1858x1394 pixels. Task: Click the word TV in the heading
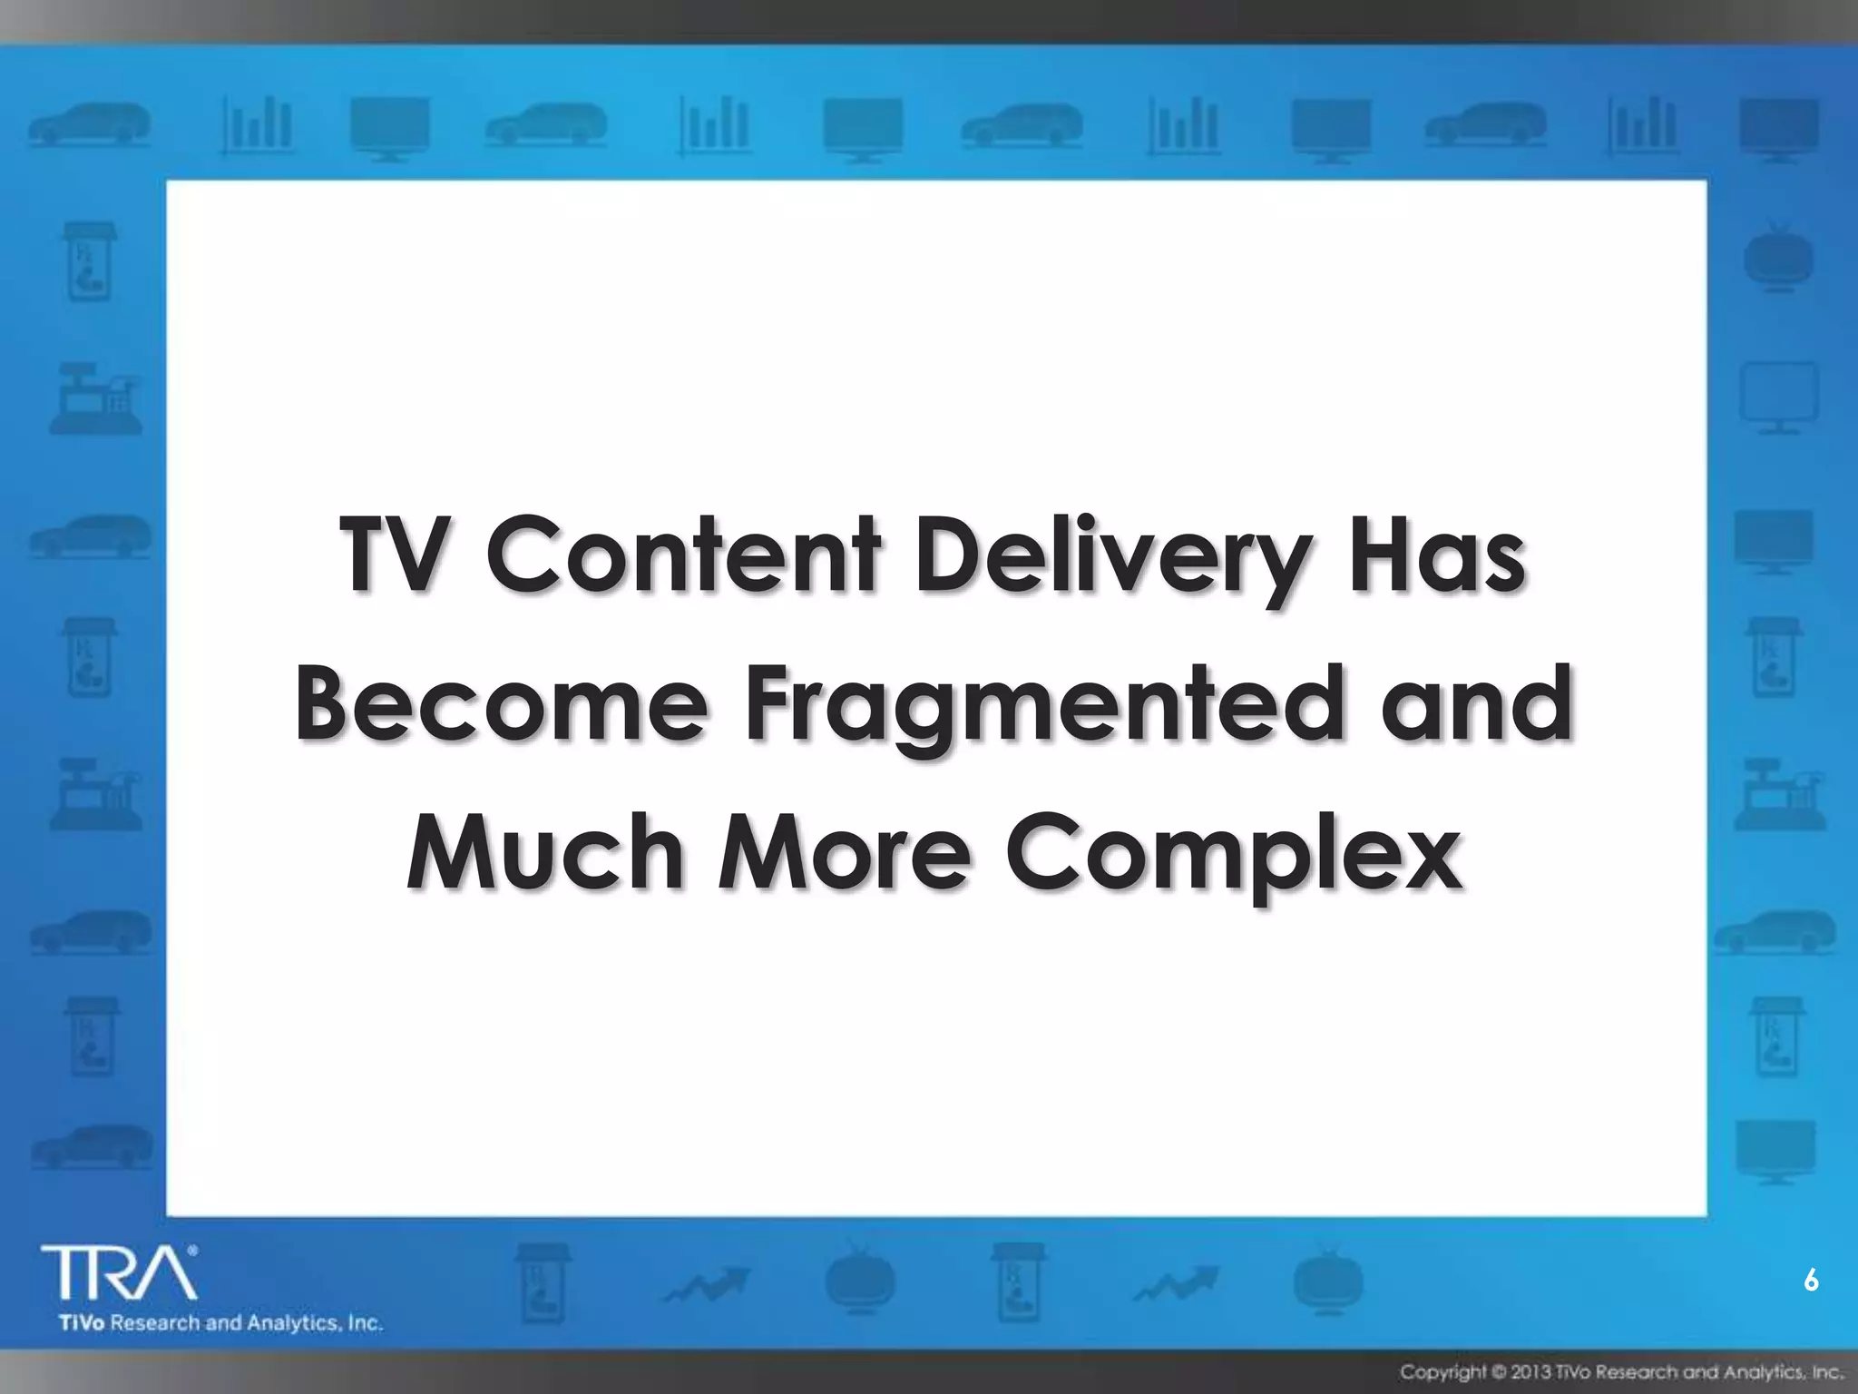400,555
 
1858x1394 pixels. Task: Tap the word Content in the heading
684,555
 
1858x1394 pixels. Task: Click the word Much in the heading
545,853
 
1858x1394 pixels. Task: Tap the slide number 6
1811,1281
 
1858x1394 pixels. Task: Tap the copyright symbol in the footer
1497,1370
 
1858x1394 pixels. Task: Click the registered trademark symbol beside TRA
192,1250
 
